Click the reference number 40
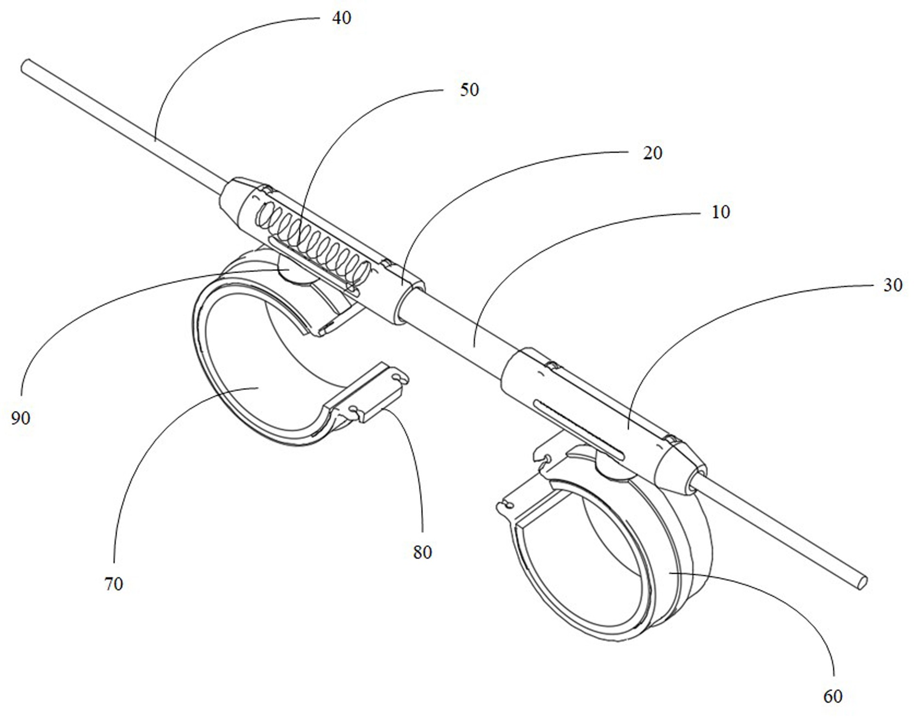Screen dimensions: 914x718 click(341, 18)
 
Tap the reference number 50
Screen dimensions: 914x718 click(469, 90)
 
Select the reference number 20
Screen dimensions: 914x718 click(652, 153)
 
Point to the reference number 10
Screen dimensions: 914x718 click(720, 212)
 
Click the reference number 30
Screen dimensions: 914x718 click(892, 285)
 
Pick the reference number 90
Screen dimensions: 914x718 click(20, 418)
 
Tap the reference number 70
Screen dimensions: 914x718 click(113, 584)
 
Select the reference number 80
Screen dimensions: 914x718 click(422, 552)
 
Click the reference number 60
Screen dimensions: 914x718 click(832, 696)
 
